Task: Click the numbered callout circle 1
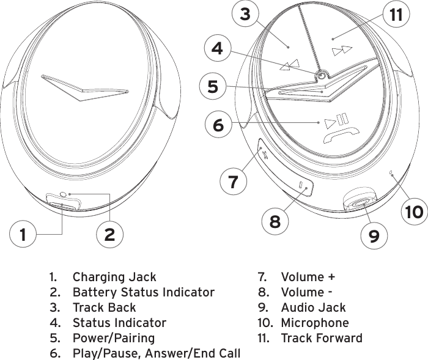point(23,234)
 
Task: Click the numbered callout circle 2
point(110,234)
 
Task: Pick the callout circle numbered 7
point(232,182)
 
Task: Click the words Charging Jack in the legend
point(114,277)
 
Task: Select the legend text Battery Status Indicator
point(144,293)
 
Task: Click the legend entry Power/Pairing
point(114,338)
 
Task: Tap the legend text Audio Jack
point(313,308)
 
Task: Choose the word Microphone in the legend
point(315,323)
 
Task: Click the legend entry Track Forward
point(322,338)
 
